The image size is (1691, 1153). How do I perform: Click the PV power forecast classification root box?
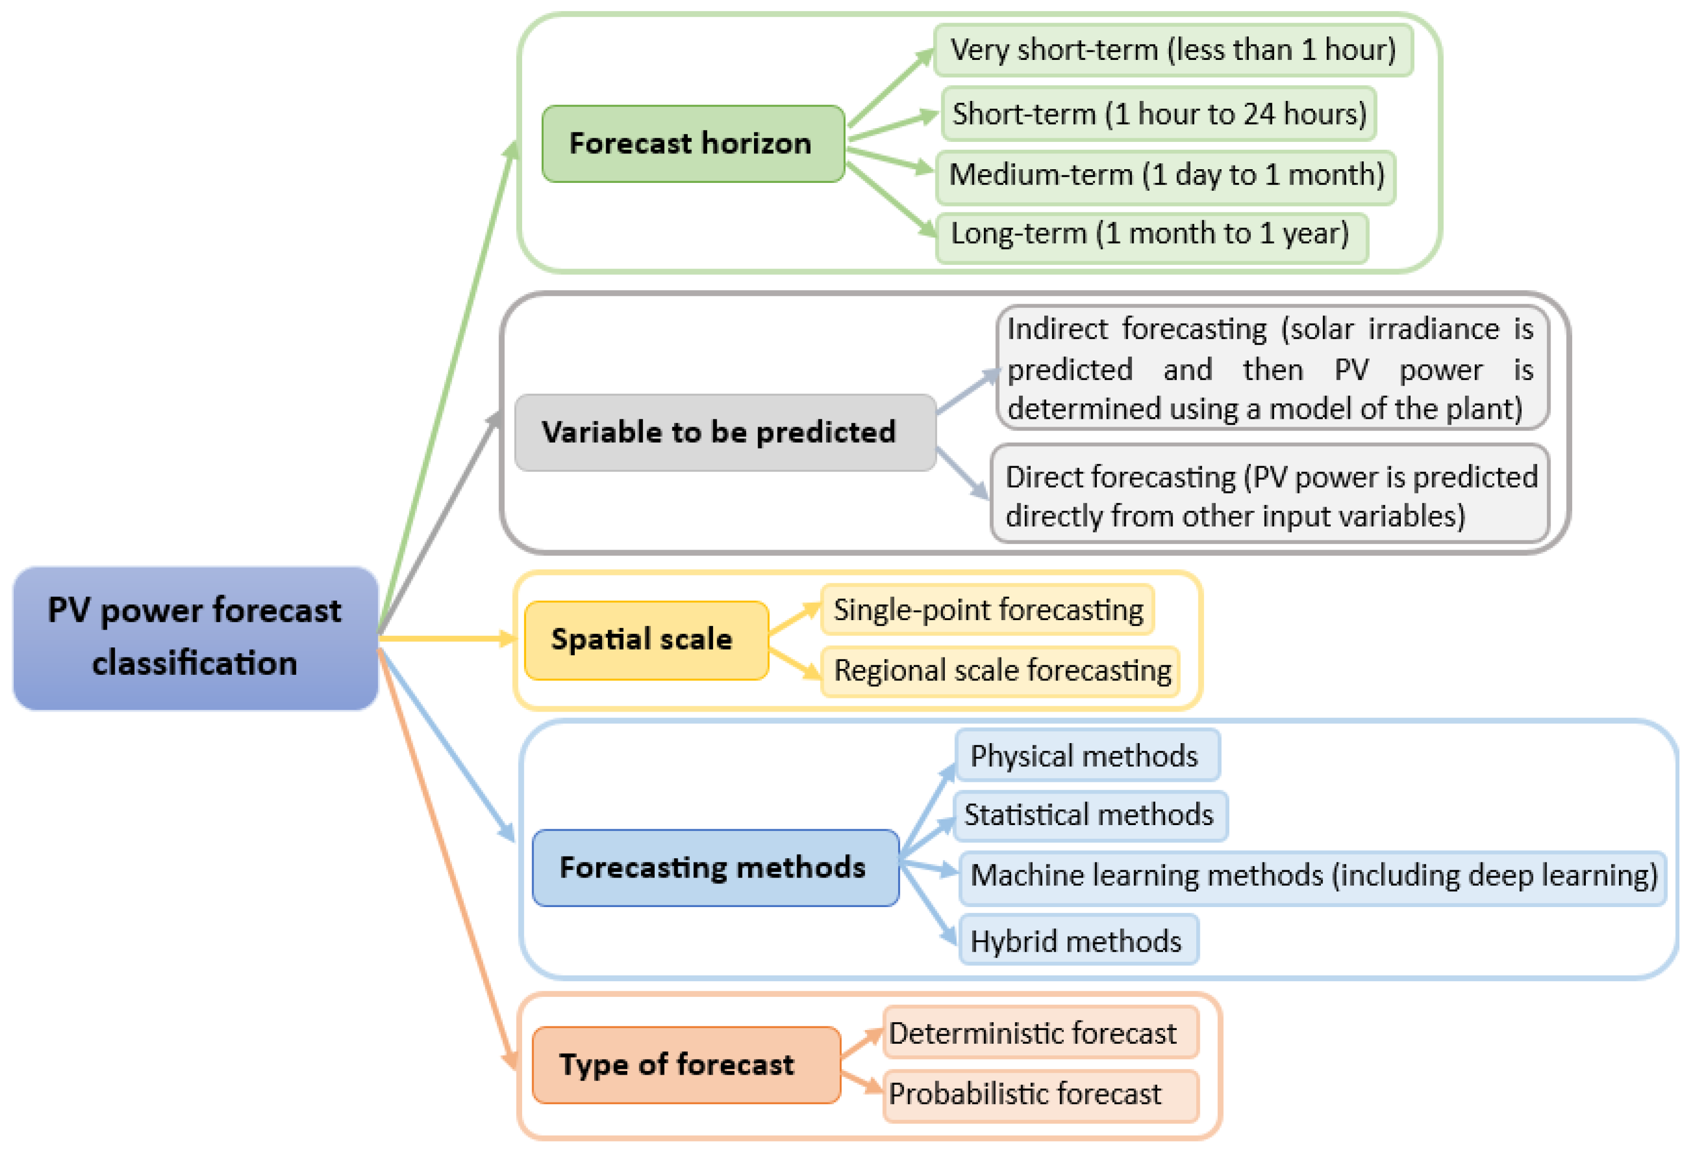coord(195,638)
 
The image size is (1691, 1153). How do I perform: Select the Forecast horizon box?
coord(692,143)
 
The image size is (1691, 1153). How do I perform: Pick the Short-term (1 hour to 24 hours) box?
coord(1158,114)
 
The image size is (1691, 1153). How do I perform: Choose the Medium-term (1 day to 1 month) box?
coord(1166,176)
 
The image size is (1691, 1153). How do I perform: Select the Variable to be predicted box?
coord(725,432)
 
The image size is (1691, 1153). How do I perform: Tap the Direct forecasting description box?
coord(1270,496)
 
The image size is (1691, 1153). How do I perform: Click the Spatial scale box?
coord(646,640)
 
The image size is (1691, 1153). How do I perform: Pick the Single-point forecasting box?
coord(987,610)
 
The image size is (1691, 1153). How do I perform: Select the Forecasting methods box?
coord(715,867)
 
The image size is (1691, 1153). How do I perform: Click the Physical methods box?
coord(1086,756)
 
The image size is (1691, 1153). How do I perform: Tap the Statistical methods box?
coord(1090,815)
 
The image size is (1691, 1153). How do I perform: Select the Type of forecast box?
coord(686,1064)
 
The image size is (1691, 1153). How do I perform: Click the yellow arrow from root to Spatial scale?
coord(444,639)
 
